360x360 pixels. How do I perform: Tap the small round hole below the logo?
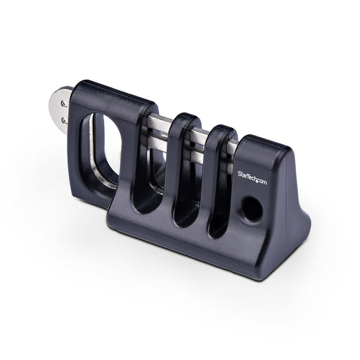249,207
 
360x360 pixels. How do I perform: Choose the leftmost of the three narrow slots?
148,169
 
